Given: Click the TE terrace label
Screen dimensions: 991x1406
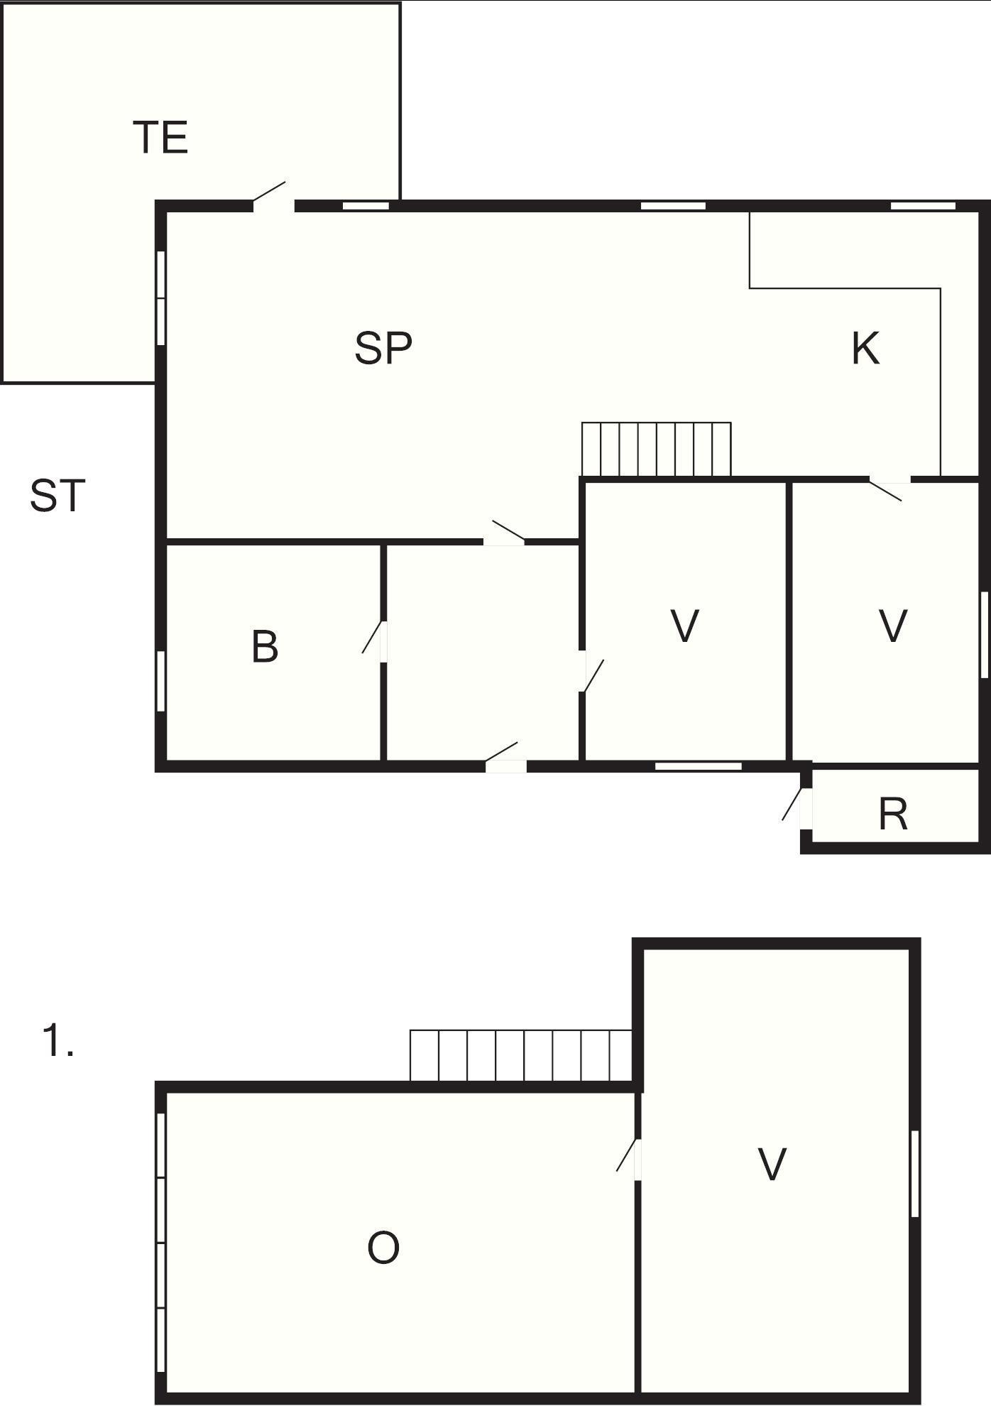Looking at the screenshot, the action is pos(160,138).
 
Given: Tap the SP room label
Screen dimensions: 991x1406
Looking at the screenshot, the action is pos(383,348).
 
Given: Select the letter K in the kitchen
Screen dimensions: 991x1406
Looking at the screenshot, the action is pos(865,348).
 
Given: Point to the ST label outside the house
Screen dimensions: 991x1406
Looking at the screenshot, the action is pos(58,496).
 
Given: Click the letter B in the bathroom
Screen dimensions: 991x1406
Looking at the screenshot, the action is pos(265,647).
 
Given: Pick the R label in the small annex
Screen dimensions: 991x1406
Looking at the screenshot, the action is pos(893,814).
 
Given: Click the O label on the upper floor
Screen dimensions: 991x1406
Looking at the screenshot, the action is pos(383,1248).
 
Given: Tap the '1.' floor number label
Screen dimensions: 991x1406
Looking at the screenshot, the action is pos(58,1041).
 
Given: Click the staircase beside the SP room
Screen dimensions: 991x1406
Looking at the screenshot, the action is pos(656,449).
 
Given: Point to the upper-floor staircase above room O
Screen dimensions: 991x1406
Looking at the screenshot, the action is pos(521,1055).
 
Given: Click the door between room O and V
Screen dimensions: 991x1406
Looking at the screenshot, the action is pos(629,1160).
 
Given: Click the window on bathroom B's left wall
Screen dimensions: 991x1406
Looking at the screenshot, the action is pos(161,681).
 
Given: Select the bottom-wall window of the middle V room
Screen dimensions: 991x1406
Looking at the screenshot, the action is pos(698,766).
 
